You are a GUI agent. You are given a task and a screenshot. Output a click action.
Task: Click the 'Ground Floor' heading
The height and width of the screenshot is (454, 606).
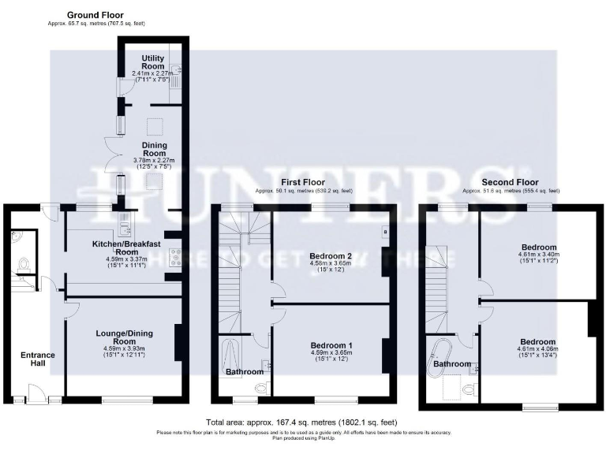click(95, 14)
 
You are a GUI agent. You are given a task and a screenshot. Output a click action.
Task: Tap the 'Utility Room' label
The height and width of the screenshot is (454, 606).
click(153, 62)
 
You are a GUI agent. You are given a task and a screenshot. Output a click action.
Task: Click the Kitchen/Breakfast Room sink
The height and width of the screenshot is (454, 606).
click(125, 228)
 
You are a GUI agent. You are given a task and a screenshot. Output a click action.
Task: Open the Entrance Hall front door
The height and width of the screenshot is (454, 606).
click(34, 393)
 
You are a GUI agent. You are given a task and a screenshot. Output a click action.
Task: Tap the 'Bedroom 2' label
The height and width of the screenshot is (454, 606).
click(331, 256)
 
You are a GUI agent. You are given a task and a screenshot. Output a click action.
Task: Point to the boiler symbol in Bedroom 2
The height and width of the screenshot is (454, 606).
click(384, 232)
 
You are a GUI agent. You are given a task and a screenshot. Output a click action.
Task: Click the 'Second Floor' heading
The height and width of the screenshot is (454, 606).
click(510, 182)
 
